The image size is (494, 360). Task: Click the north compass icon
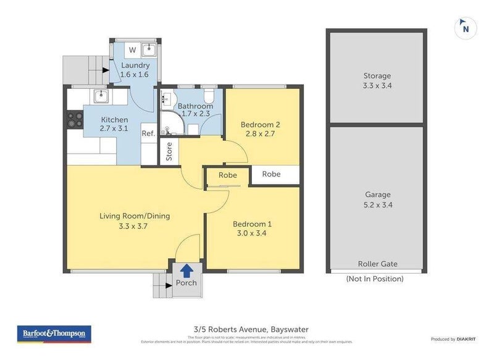coord(466,27)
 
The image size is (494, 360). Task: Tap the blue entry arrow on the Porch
coord(186,269)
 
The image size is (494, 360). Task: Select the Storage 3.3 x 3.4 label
coord(377,81)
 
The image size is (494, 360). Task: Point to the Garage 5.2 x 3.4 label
coord(377,199)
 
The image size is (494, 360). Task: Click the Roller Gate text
coord(377,264)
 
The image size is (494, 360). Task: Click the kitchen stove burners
coord(75,119)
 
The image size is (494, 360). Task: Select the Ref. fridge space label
coord(148,133)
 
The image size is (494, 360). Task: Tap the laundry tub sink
coord(149,50)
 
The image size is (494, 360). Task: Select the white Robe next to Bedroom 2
coord(271,174)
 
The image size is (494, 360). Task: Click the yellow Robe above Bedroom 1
coord(228,175)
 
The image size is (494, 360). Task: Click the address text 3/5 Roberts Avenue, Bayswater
coord(247,329)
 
